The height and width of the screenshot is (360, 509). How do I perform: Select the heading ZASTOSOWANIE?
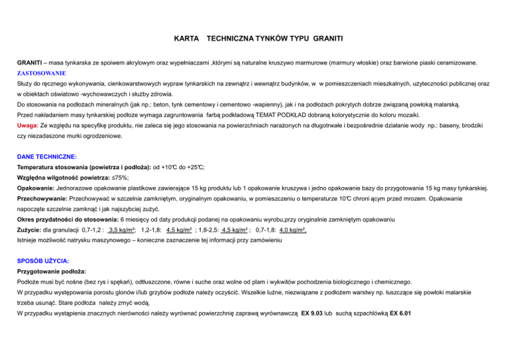(41, 74)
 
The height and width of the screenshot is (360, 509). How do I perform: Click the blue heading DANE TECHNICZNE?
(46, 156)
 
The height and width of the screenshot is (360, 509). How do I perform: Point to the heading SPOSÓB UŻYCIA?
(43, 261)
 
